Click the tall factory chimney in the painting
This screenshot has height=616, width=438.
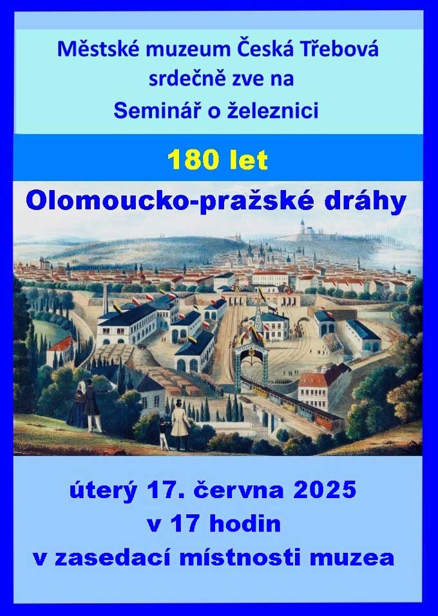[105, 299]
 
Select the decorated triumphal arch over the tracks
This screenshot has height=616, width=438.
[251, 356]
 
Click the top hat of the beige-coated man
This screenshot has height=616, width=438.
[179, 403]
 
